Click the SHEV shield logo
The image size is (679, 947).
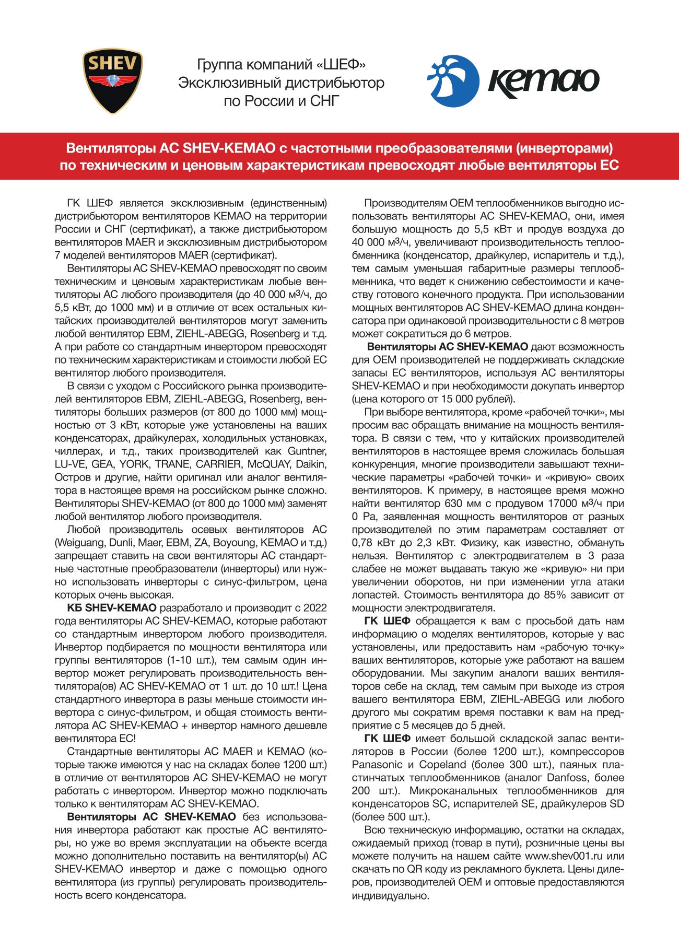click(x=112, y=81)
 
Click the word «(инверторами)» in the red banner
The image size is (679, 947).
click(x=564, y=148)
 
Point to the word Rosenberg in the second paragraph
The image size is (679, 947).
click(x=275, y=334)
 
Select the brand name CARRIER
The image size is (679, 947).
click(x=215, y=464)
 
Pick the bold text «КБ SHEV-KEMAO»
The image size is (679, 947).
click(x=111, y=608)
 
